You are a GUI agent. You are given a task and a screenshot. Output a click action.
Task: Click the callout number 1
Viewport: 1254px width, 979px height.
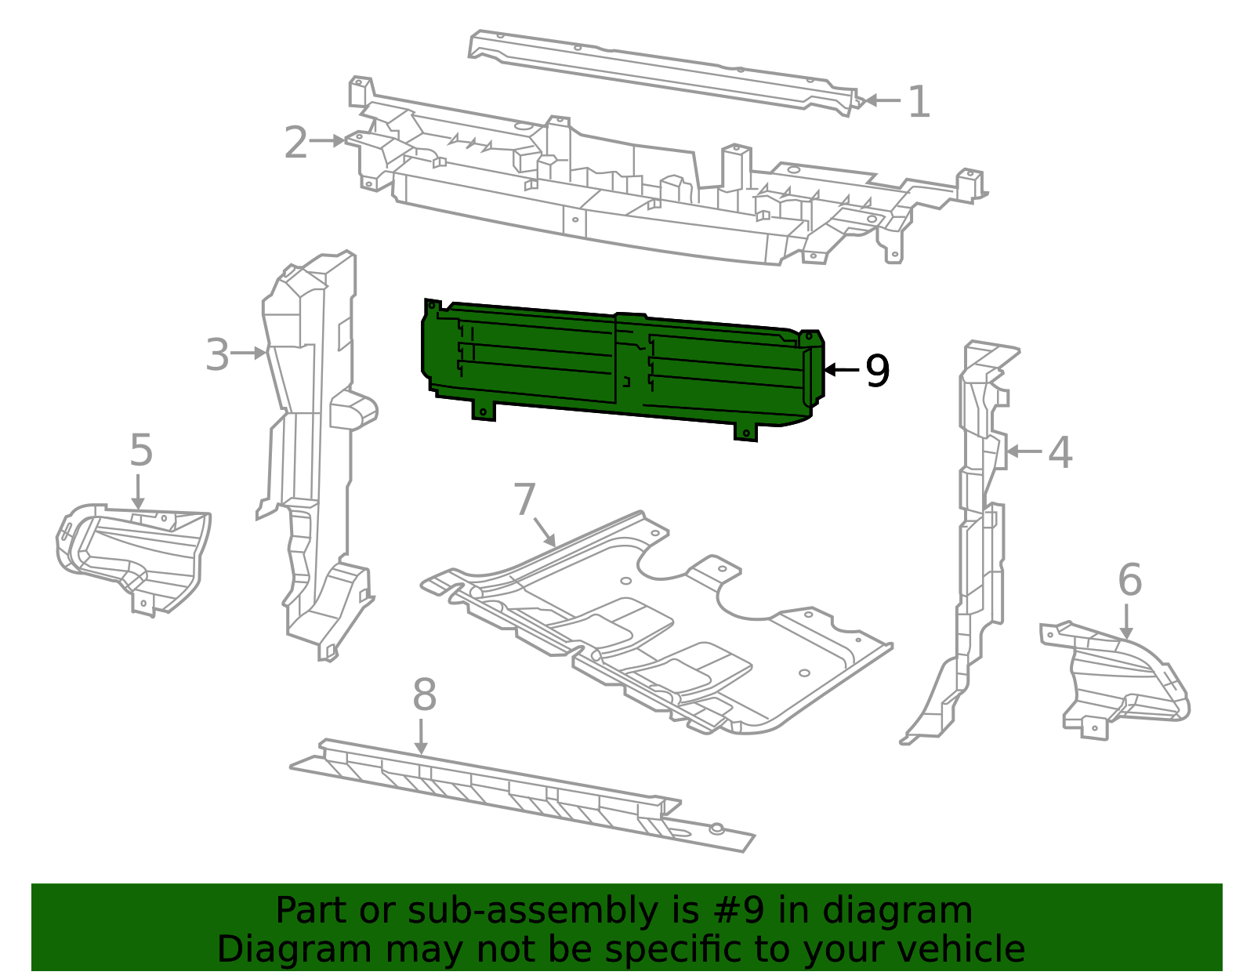pyautogui.click(x=919, y=103)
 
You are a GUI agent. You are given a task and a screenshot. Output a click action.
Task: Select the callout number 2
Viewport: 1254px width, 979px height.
pyautogui.click(x=295, y=143)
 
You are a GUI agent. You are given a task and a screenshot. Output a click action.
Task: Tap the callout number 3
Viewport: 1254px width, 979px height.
pyautogui.click(x=218, y=355)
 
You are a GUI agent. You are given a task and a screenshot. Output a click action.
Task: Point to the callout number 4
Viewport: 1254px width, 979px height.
pyautogui.click(x=1060, y=453)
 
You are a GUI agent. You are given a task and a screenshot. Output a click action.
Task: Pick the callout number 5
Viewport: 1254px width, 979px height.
pyautogui.click(x=141, y=450)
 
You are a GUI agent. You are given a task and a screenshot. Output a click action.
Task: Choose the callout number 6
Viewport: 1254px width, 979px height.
pyautogui.click(x=1129, y=580)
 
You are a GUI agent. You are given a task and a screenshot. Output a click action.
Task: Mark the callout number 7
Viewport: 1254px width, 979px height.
pyautogui.click(x=524, y=499)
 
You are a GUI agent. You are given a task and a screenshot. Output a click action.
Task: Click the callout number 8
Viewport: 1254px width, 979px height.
pyautogui.click(x=424, y=694)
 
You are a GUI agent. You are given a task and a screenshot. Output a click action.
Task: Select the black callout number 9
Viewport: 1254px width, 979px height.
pyautogui.click(x=877, y=371)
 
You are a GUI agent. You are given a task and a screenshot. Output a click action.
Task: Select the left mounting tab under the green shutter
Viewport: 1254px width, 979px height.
pyautogui.click(x=484, y=411)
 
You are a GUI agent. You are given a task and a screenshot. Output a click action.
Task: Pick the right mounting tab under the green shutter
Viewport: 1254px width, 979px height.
pyautogui.click(x=745, y=431)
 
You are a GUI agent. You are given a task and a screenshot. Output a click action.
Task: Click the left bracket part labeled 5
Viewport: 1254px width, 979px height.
pyautogui.click(x=133, y=553)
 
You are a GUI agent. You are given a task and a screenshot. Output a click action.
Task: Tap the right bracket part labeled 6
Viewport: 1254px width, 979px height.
pyautogui.click(x=1117, y=678)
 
